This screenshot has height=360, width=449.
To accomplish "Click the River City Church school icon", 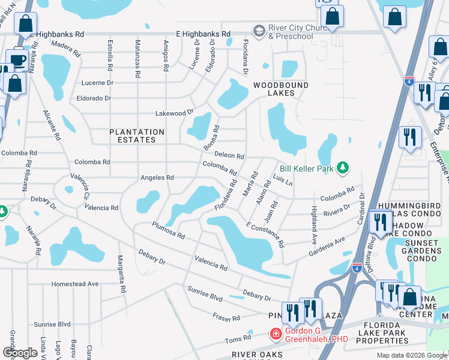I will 259,31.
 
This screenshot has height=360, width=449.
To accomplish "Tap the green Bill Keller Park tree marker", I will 343,168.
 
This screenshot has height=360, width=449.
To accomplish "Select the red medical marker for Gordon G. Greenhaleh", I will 276,334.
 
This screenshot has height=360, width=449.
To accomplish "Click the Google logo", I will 19,353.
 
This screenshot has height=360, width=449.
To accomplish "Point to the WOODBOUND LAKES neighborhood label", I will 280,89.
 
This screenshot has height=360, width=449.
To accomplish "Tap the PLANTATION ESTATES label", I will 136,136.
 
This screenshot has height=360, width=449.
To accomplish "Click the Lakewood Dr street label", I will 175,112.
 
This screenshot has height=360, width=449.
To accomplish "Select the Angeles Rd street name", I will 157,178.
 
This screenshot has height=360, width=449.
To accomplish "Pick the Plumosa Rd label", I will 168,231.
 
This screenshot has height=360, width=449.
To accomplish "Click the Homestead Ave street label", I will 75,284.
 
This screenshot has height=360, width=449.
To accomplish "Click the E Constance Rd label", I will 265,234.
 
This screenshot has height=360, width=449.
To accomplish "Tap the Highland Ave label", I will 313,222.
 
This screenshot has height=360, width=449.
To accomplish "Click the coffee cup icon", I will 17,59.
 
